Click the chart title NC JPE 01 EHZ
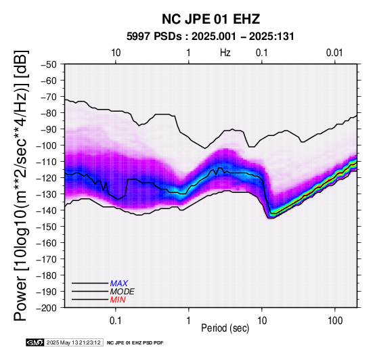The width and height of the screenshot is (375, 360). click(x=211, y=19)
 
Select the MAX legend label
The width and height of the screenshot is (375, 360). click(x=119, y=284)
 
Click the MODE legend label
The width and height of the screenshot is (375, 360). click(x=123, y=292)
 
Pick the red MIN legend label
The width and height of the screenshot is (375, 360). click(x=118, y=300)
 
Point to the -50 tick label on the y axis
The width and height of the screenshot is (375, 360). click(x=49, y=64)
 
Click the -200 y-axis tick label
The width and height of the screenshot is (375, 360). click(x=47, y=308)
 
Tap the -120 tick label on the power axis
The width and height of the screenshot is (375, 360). click(x=47, y=178)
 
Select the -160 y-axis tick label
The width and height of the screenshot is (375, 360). click(x=47, y=243)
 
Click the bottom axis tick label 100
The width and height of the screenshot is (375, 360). click(x=335, y=321)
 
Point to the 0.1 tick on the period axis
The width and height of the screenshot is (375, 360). click(x=116, y=321)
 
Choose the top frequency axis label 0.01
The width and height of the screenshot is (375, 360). click(x=334, y=53)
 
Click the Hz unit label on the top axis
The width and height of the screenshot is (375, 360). click(x=225, y=53)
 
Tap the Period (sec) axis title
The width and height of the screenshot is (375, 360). click(x=225, y=328)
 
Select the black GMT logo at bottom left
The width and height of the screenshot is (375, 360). click(x=35, y=342)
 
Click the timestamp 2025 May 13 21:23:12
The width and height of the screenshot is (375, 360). click(x=73, y=342)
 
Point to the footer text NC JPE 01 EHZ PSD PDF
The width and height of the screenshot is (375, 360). click(x=135, y=343)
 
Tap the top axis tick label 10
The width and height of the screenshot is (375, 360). click(x=116, y=53)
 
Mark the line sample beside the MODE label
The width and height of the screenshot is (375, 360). click(x=90, y=292)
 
